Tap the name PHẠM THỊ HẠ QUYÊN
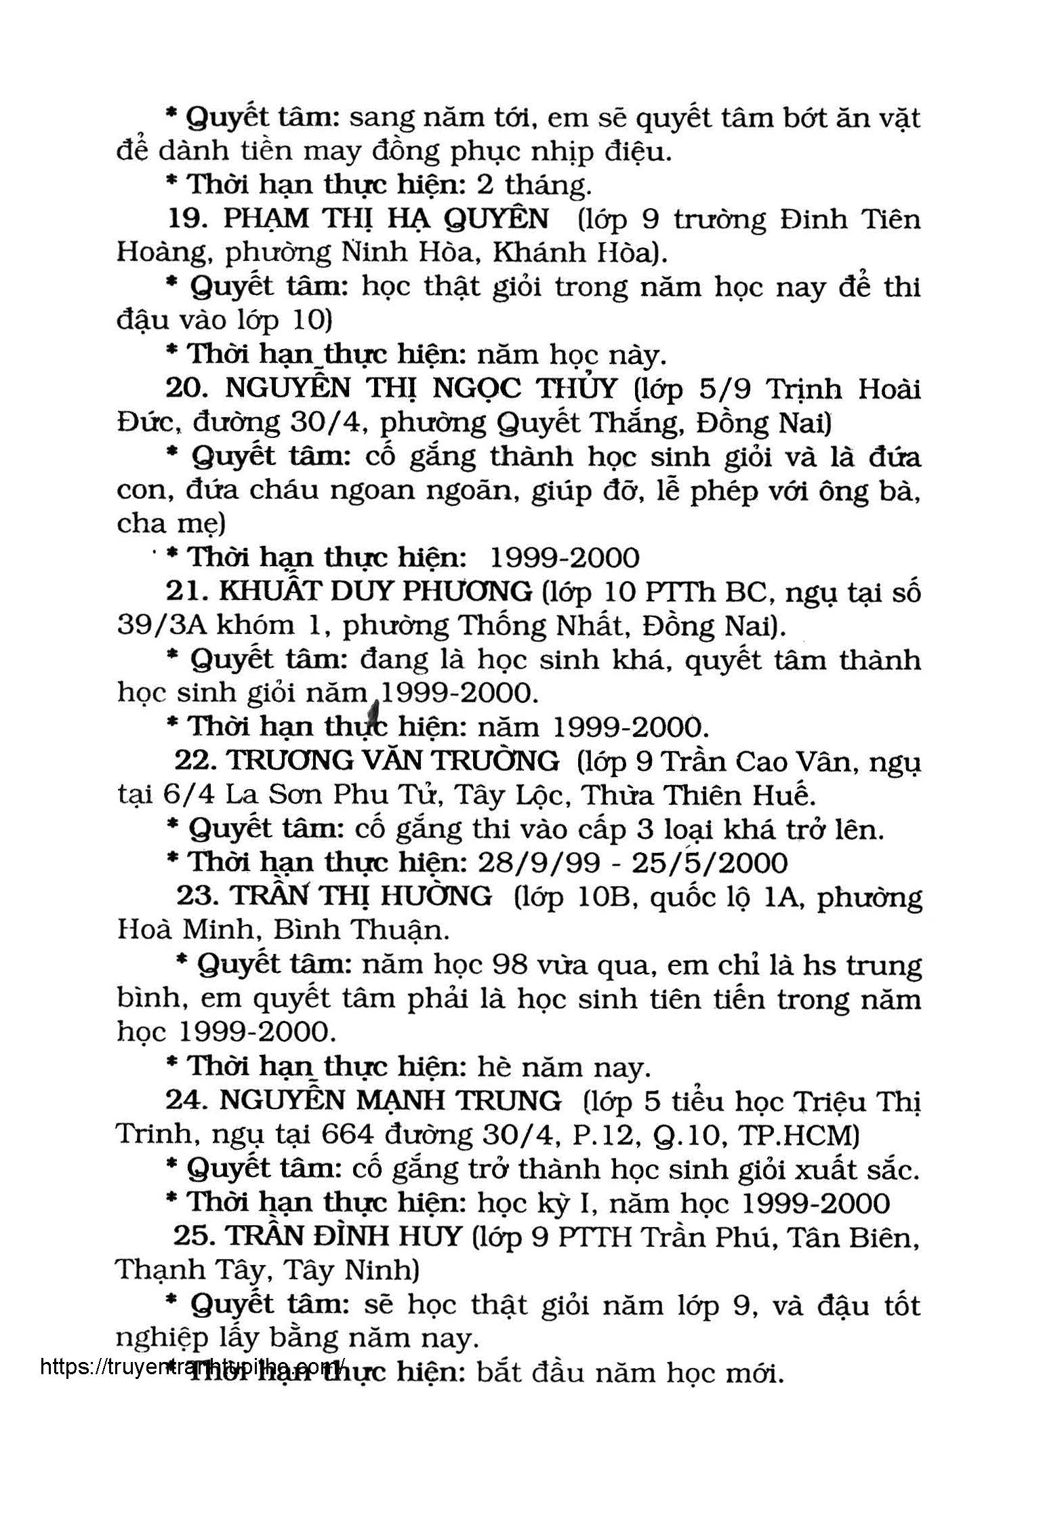pyautogui.click(x=386, y=219)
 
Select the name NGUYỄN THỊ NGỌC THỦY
pyautogui.click(x=421, y=388)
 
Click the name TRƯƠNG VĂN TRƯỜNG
pyautogui.click(x=393, y=761)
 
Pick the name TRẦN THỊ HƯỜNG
pyautogui.click(x=362, y=896)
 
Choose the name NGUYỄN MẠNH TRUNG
pyautogui.click(x=390, y=1100)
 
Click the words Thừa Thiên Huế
pyautogui.click(x=699, y=795)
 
